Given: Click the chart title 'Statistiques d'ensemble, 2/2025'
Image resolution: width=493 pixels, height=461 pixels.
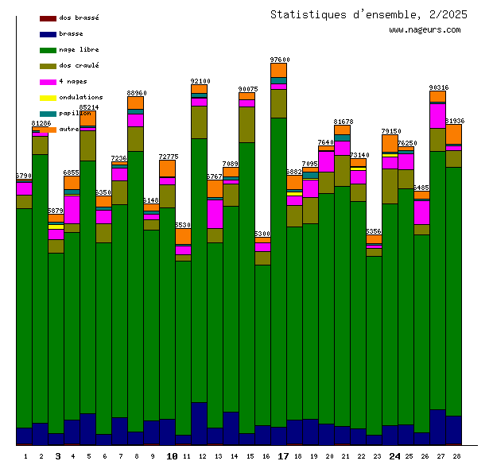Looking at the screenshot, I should pyautogui.click(x=368, y=14).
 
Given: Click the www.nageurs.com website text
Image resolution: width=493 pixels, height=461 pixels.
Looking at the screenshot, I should pyautogui.click(x=425, y=30).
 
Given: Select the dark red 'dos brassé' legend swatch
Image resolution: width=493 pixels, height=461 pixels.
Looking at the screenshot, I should pyautogui.click(x=48, y=17).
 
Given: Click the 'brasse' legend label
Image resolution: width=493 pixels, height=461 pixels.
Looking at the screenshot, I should pyautogui.click(x=71, y=33).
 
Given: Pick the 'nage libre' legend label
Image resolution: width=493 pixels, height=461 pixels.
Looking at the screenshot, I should pyautogui.click(x=79, y=49).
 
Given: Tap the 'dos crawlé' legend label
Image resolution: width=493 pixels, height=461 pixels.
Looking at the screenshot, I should pyautogui.click(x=79, y=65).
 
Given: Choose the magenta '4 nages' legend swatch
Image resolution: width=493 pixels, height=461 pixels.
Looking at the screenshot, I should pyautogui.click(x=48, y=81).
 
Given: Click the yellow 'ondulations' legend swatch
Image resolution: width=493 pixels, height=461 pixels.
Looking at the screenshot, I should pyautogui.click(x=48, y=97).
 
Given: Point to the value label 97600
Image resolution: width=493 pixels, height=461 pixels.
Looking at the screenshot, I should pyautogui.click(x=280, y=60).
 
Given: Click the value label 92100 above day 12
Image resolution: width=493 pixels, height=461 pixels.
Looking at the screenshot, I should pyautogui.click(x=200, y=81).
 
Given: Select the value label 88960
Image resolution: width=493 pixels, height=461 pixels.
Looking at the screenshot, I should pyautogui.click(x=137, y=93).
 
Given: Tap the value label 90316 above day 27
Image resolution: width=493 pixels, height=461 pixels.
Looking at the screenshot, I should pyautogui.click(x=438, y=87).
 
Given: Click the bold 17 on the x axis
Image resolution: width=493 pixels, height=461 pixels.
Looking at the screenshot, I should pyautogui.click(x=283, y=456).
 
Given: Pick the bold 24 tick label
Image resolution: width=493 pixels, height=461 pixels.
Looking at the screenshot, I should pyautogui.click(x=394, y=456).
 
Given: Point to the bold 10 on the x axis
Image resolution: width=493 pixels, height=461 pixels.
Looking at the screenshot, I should pyautogui.click(x=172, y=456).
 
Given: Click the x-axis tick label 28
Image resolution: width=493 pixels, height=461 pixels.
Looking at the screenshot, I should pyautogui.click(x=456, y=456).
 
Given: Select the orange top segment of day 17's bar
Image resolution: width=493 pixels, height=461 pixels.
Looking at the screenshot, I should pyautogui.click(x=278, y=70).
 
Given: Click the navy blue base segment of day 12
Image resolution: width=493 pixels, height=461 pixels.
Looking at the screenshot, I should pyautogui.click(x=199, y=423).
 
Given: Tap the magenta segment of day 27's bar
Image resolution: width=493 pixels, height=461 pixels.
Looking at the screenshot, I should pyautogui.click(x=437, y=116).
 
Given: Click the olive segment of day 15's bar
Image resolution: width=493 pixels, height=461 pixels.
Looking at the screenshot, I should pyautogui.click(x=246, y=124).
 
